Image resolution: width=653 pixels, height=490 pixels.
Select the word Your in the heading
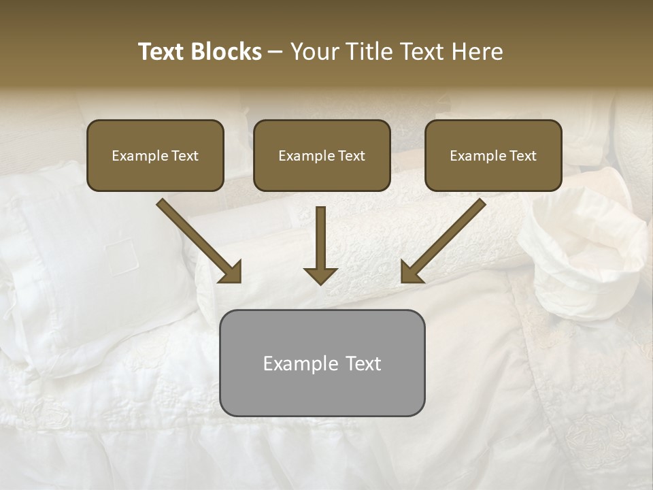(x=314, y=52)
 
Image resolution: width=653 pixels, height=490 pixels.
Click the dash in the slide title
(x=275, y=52)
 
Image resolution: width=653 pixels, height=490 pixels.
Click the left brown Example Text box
(x=155, y=155)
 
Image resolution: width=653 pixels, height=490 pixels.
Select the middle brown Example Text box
(x=322, y=155)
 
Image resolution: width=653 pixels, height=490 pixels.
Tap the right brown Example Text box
(x=493, y=155)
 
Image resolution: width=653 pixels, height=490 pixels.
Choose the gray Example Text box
(x=322, y=363)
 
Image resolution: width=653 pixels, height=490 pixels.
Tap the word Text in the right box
(x=522, y=156)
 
